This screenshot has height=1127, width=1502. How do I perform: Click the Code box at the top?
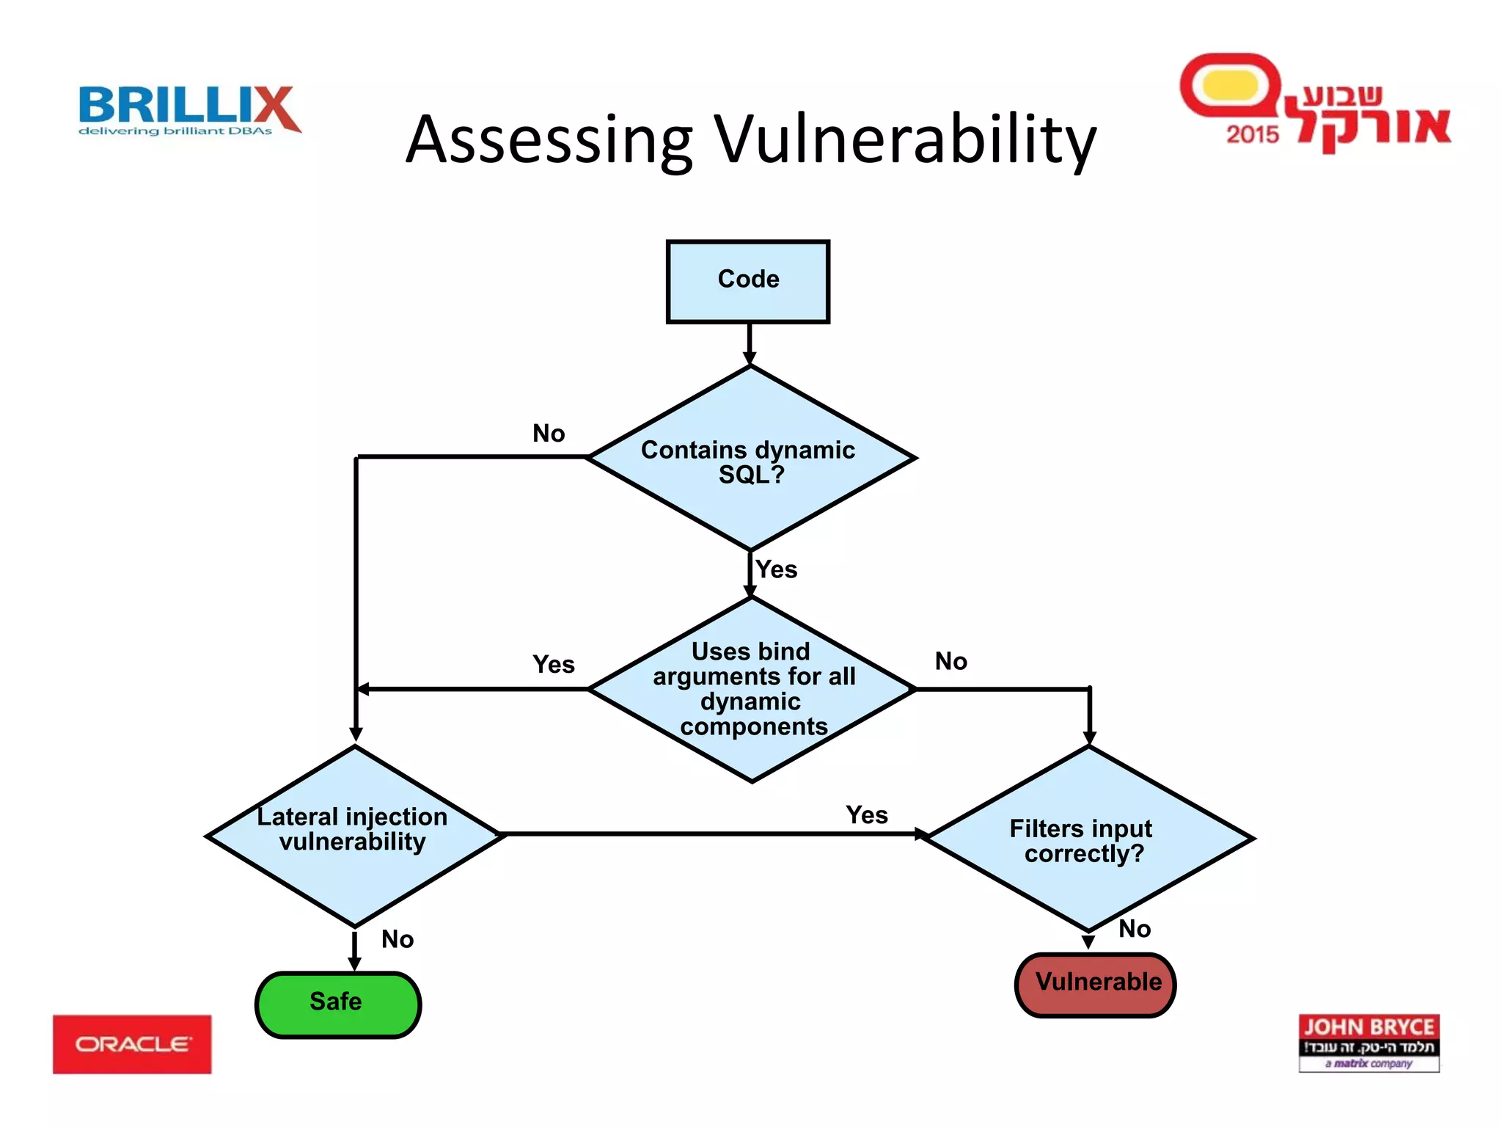747,281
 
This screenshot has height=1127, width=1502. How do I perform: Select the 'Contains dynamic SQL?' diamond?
750,459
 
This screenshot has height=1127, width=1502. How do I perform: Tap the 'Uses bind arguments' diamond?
752,690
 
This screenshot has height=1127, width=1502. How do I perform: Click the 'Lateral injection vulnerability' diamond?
354,836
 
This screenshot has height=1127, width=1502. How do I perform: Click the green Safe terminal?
337,1003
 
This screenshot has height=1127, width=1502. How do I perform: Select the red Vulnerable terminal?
1095,984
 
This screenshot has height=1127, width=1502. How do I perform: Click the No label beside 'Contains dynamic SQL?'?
549,434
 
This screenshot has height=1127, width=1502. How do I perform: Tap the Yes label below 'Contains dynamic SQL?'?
776,569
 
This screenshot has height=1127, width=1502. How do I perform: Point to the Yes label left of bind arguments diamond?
553,664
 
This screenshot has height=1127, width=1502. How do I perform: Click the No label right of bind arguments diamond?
950,661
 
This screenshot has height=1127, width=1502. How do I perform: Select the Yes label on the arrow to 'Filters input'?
866,814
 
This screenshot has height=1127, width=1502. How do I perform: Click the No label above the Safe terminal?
398,939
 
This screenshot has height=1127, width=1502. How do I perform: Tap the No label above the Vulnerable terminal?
1134,929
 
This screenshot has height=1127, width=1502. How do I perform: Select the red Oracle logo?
132,1043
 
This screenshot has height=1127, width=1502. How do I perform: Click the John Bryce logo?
1369,1043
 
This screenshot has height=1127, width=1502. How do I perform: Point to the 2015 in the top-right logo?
1252,134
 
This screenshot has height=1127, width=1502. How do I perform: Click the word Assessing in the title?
549,141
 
